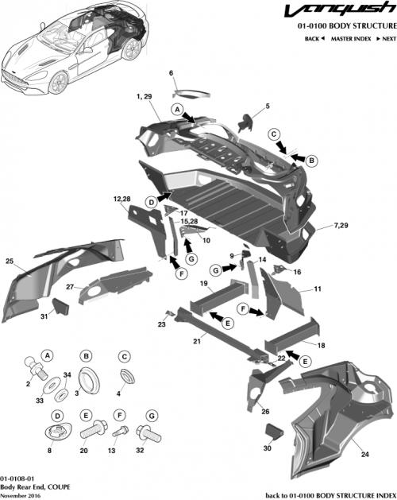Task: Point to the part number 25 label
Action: tap(10, 261)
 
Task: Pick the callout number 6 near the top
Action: tap(170, 73)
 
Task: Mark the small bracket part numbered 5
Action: tap(247, 120)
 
